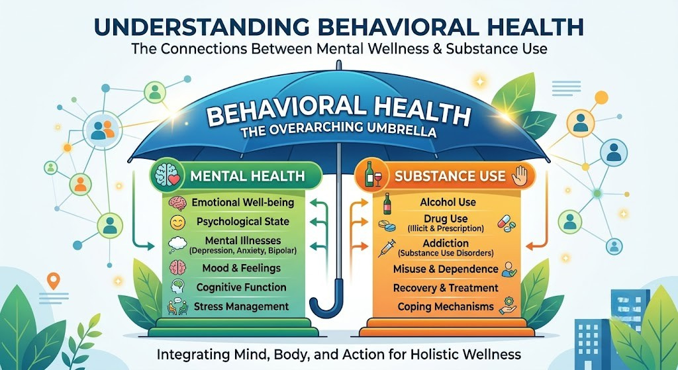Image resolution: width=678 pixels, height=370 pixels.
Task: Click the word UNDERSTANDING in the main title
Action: (x=201, y=26)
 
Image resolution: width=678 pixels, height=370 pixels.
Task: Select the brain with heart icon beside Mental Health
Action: (x=168, y=175)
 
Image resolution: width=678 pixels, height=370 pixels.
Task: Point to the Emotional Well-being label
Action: (x=242, y=203)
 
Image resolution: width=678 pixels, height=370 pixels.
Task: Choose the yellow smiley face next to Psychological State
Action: (x=177, y=222)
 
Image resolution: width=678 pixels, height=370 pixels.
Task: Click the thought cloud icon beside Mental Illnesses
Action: (x=177, y=244)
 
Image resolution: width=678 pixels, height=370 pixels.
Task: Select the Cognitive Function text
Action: (x=241, y=287)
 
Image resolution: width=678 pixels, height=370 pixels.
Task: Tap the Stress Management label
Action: (x=241, y=306)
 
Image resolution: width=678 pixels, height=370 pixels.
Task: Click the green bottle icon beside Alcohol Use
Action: (x=387, y=204)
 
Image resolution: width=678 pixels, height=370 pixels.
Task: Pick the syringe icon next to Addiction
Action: (x=387, y=248)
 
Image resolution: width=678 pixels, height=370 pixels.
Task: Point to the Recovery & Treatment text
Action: (x=446, y=288)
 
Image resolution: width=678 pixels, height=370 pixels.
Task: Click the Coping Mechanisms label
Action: (x=446, y=306)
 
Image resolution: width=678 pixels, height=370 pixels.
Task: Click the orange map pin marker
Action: (x=53, y=281)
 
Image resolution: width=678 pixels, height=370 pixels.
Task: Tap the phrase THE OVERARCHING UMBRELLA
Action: (x=338, y=130)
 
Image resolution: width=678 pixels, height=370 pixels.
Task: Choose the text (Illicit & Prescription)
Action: (x=446, y=228)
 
